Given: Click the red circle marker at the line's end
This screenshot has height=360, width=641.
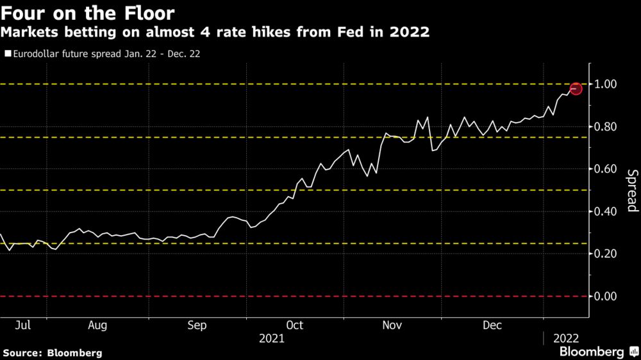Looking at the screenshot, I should (576, 89).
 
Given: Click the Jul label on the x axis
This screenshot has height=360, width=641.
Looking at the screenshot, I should (22, 325).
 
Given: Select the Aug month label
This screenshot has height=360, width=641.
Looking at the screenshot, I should (97, 325).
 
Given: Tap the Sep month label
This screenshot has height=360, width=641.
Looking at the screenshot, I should (197, 325).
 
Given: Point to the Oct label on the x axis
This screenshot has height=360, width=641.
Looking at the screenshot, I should (296, 325).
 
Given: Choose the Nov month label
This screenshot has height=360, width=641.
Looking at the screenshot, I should (392, 325).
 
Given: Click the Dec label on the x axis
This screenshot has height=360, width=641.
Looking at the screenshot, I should (492, 325).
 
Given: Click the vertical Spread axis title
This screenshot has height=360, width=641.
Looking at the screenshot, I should (631, 190).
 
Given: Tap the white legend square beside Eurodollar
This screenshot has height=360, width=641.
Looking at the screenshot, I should (8, 54).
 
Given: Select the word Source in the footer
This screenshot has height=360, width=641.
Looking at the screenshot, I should (23, 353).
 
